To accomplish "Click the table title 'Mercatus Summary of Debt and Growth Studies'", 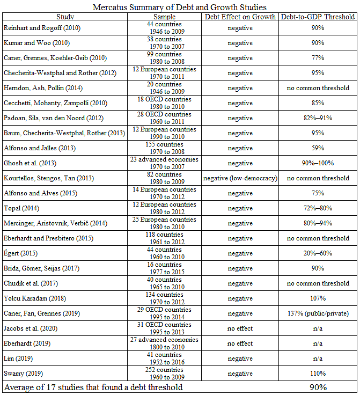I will [x=180, y=7].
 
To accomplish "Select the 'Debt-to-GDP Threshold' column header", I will [x=318, y=17].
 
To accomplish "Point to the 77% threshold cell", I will [x=318, y=58].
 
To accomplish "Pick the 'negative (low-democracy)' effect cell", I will [x=240, y=178].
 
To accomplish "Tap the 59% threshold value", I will [x=318, y=148].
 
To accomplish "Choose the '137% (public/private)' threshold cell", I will [x=318, y=313].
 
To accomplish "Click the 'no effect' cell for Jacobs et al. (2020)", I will [x=240, y=328].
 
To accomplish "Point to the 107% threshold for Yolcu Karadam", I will [x=318, y=298].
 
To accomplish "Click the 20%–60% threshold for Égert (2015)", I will [x=318, y=253].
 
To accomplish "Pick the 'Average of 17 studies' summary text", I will [x=93, y=387].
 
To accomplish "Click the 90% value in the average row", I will [x=318, y=387].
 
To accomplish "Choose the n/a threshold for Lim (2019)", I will [x=318, y=359].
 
